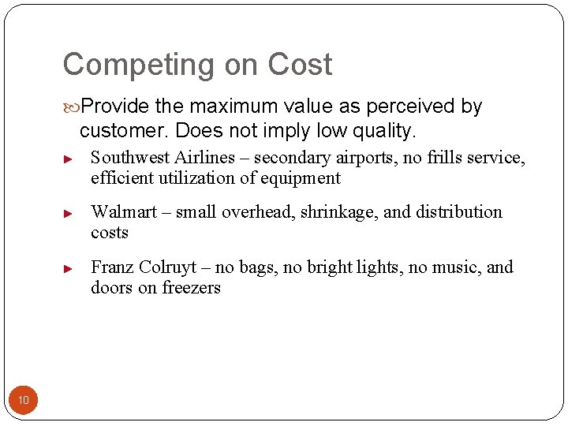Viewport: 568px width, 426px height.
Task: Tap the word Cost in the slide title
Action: (x=300, y=64)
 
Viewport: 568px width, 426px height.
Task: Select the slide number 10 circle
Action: (x=24, y=401)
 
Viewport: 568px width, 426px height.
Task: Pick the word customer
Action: (x=124, y=129)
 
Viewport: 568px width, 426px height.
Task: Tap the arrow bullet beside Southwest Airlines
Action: (x=69, y=159)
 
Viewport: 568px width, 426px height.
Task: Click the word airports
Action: (x=367, y=158)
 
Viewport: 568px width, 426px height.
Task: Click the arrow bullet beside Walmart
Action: (x=69, y=213)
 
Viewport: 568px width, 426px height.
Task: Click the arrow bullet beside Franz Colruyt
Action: (x=69, y=268)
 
